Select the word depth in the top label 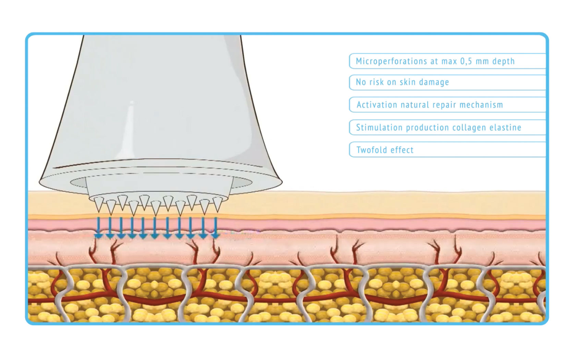click(503, 61)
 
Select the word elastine click(505, 128)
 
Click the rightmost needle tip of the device click(217, 210)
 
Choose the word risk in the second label click(377, 82)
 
